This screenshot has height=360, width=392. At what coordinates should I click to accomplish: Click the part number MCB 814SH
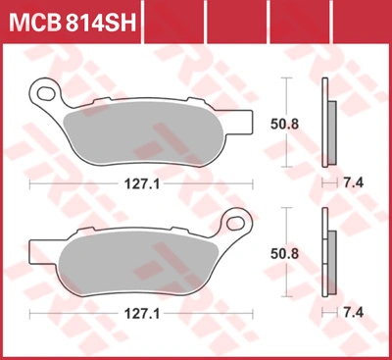coord(73,22)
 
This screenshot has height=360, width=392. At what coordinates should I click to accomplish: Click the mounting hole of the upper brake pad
coord(46,93)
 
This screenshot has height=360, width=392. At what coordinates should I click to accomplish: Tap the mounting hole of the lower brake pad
coord(235,224)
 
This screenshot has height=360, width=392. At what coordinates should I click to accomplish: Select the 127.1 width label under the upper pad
coord(142,184)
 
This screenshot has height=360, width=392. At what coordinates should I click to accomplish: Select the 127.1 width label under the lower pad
coord(142,314)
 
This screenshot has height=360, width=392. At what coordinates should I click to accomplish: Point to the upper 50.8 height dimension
coord(284,125)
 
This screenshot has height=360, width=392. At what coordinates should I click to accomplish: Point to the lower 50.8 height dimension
coord(284,254)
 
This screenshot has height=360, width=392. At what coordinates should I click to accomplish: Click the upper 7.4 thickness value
coord(353,182)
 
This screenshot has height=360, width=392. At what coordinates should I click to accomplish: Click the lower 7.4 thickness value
coord(353,313)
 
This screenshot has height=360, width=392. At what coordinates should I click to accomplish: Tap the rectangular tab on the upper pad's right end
coord(244,122)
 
